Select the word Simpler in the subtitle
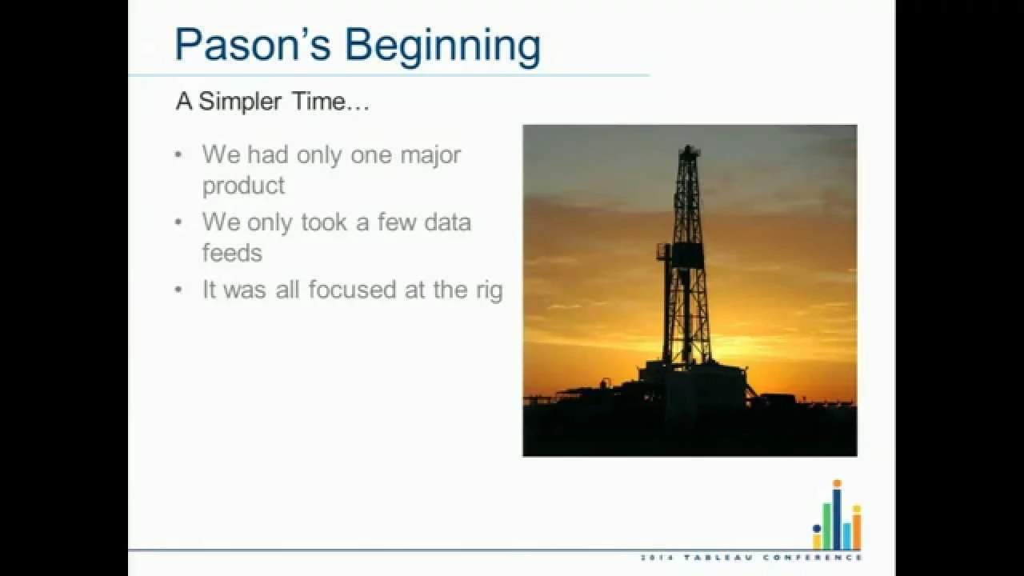pyautogui.click(x=240, y=102)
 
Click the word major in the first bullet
pyautogui.click(x=430, y=155)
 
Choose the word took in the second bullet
pyautogui.click(x=324, y=222)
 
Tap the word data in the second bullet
pyautogui.click(x=447, y=222)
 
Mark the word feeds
pyautogui.click(x=232, y=253)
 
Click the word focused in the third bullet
pyautogui.click(x=352, y=290)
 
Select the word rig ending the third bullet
pyautogui.click(x=490, y=292)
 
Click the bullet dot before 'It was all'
pyautogui.click(x=178, y=290)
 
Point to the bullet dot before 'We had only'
pyautogui.click(x=178, y=155)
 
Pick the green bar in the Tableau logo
pyautogui.click(x=826, y=526)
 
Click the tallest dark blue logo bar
pyautogui.click(x=837, y=519)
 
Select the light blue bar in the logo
pyautogui.click(x=847, y=536)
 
